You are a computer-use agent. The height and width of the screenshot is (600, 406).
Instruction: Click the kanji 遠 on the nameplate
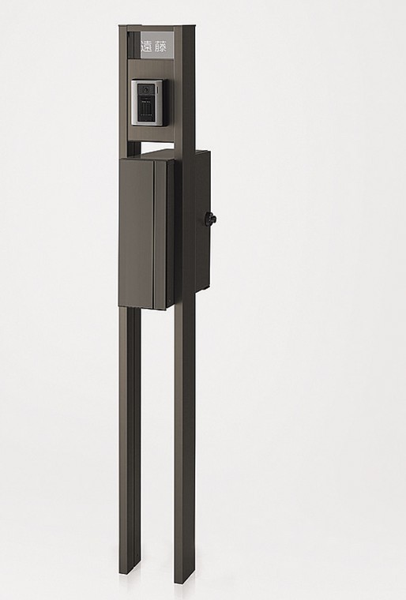point(147,47)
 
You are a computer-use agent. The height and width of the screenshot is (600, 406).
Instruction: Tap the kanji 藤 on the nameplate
point(161,47)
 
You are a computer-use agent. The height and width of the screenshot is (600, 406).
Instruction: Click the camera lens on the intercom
point(146,89)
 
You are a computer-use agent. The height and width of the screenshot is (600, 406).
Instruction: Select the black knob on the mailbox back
point(211,219)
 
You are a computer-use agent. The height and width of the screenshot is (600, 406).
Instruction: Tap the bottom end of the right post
point(184,582)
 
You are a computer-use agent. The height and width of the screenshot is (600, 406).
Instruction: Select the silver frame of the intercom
point(148,102)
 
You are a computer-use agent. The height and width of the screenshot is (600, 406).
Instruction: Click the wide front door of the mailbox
point(137,234)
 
